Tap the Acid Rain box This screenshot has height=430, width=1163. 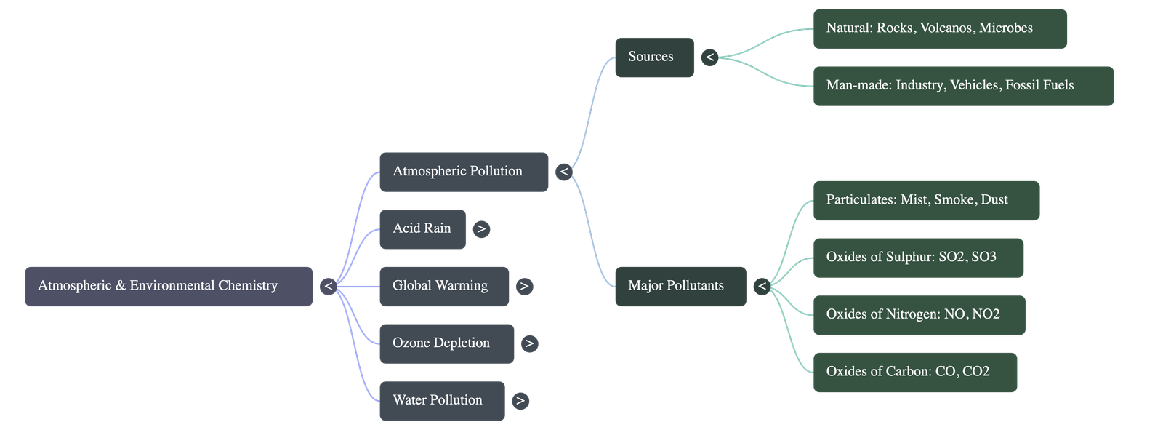(x=422, y=229)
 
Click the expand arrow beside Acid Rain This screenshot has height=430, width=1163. (x=480, y=229)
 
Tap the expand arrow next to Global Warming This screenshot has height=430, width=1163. (x=524, y=287)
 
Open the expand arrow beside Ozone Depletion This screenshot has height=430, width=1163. (x=529, y=343)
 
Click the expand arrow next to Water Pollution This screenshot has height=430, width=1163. (x=520, y=401)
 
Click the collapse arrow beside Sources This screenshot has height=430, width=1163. (x=709, y=57)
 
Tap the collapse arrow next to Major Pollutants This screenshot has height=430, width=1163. (x=761, y=286)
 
